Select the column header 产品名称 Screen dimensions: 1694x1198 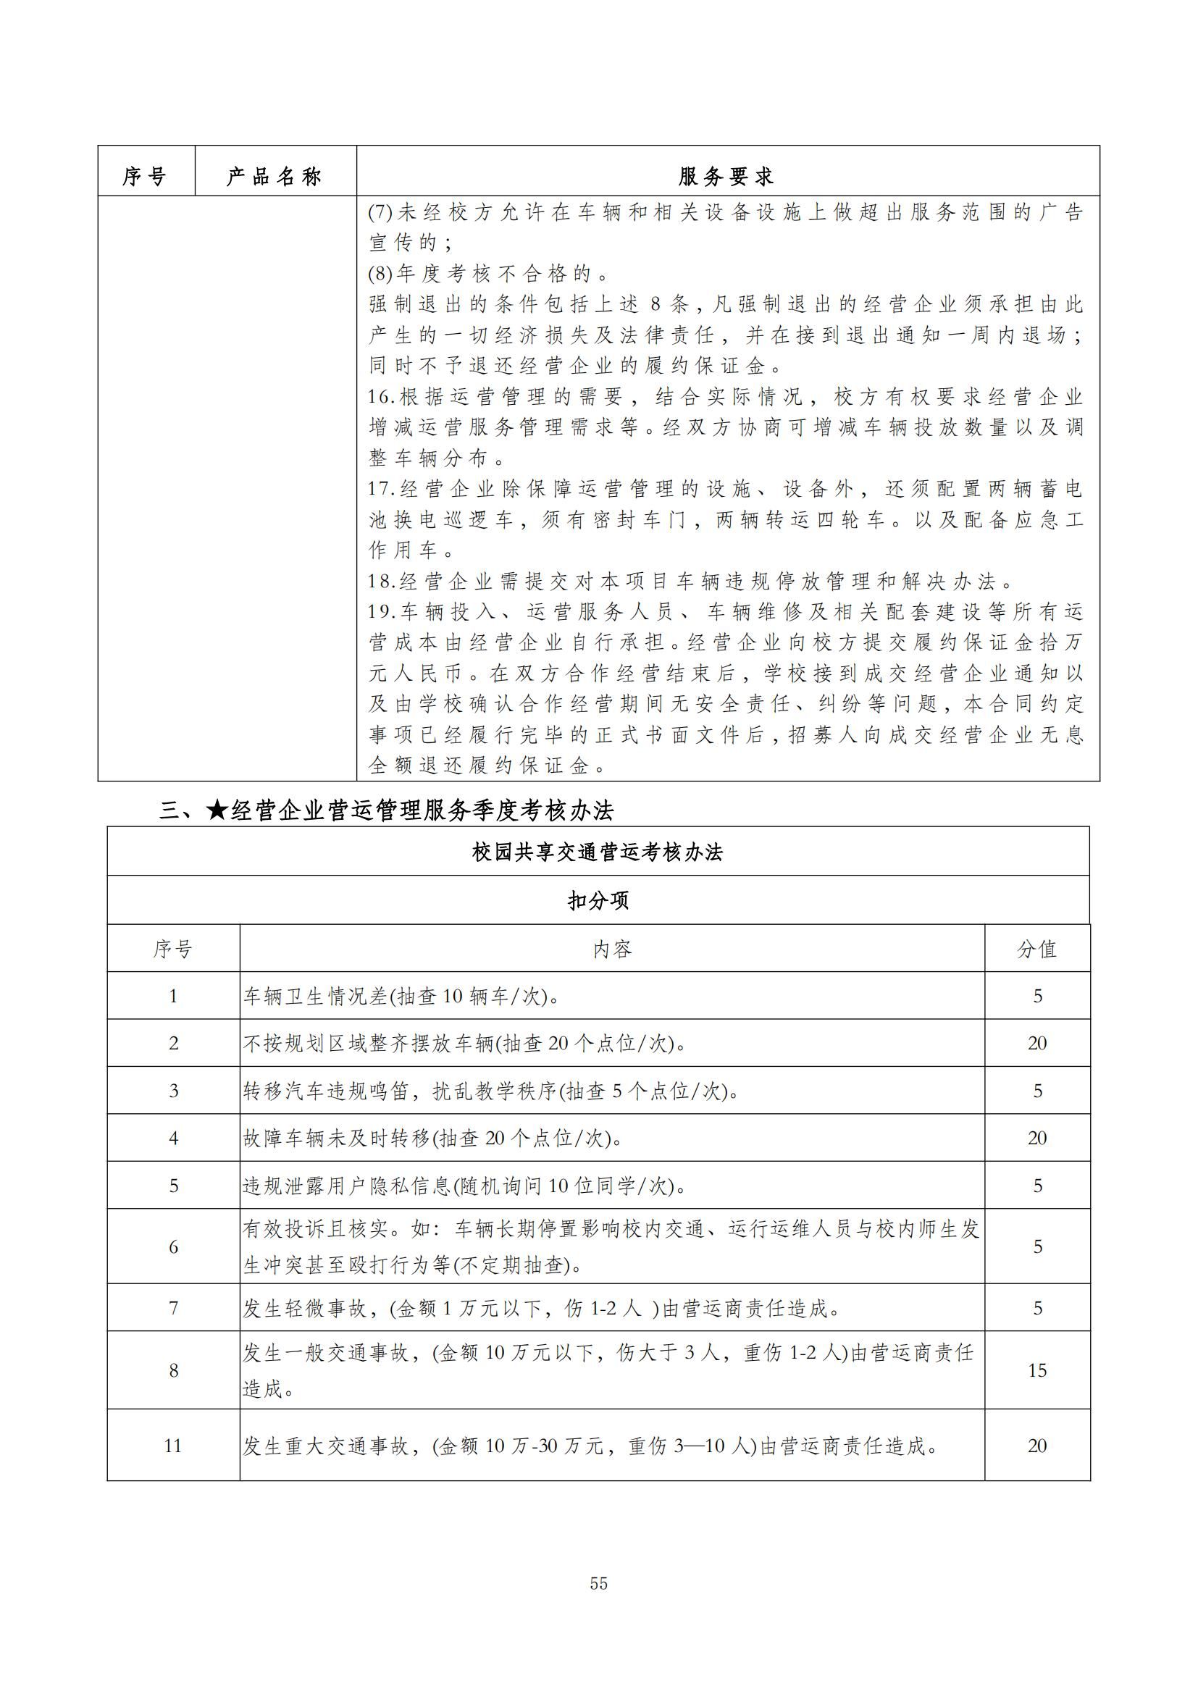coord(274,176)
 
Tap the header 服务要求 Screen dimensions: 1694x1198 coord(726,176)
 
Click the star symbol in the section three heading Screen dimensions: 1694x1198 coord(216,811)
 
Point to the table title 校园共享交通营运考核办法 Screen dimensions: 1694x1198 coord(598,852)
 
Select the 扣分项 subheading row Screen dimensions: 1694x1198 coord(598,900)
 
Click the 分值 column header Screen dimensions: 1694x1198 coord(1036,949)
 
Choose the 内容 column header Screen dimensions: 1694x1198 coord(611,949)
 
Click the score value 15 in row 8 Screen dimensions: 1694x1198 coord(1036,1370)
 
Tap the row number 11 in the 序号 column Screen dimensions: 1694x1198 coord(172,1446)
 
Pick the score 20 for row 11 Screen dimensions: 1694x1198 coord(1036,1446)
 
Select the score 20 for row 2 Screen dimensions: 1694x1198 coord(1036,1043)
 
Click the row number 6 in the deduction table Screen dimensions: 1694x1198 coord(173,1247)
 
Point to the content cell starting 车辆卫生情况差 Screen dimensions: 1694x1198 coord(401,997)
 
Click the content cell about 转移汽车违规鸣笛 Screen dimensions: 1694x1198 coord(490,1091)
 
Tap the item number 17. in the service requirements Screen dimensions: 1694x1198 coord(382,489)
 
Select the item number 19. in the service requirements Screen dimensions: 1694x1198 coord(382,612)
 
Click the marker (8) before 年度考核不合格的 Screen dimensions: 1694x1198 coord(380,274)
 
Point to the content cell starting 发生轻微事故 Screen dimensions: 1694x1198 coord(542,1309)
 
